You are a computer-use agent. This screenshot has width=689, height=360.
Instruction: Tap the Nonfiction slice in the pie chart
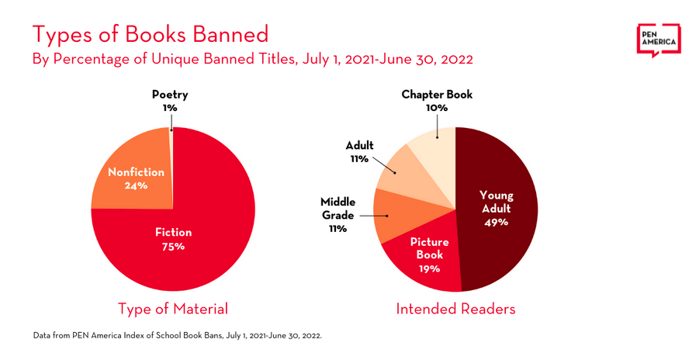(128, 175)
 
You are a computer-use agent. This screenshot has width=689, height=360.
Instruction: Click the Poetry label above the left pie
(170, 95)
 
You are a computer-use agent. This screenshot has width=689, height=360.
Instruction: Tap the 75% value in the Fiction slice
(173, 247)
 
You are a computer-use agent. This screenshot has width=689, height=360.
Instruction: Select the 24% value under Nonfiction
(136, 185)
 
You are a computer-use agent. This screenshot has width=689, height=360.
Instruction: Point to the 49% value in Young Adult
(496, 222)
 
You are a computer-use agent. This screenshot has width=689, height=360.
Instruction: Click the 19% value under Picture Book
(429, 268)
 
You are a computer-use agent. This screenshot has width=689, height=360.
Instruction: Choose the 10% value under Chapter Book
(436, 108)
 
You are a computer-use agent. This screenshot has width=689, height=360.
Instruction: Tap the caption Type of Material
(172, 309)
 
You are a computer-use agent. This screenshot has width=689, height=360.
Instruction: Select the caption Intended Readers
(455, 309)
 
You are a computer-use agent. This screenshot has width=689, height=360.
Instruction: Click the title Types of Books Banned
(150, 33)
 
